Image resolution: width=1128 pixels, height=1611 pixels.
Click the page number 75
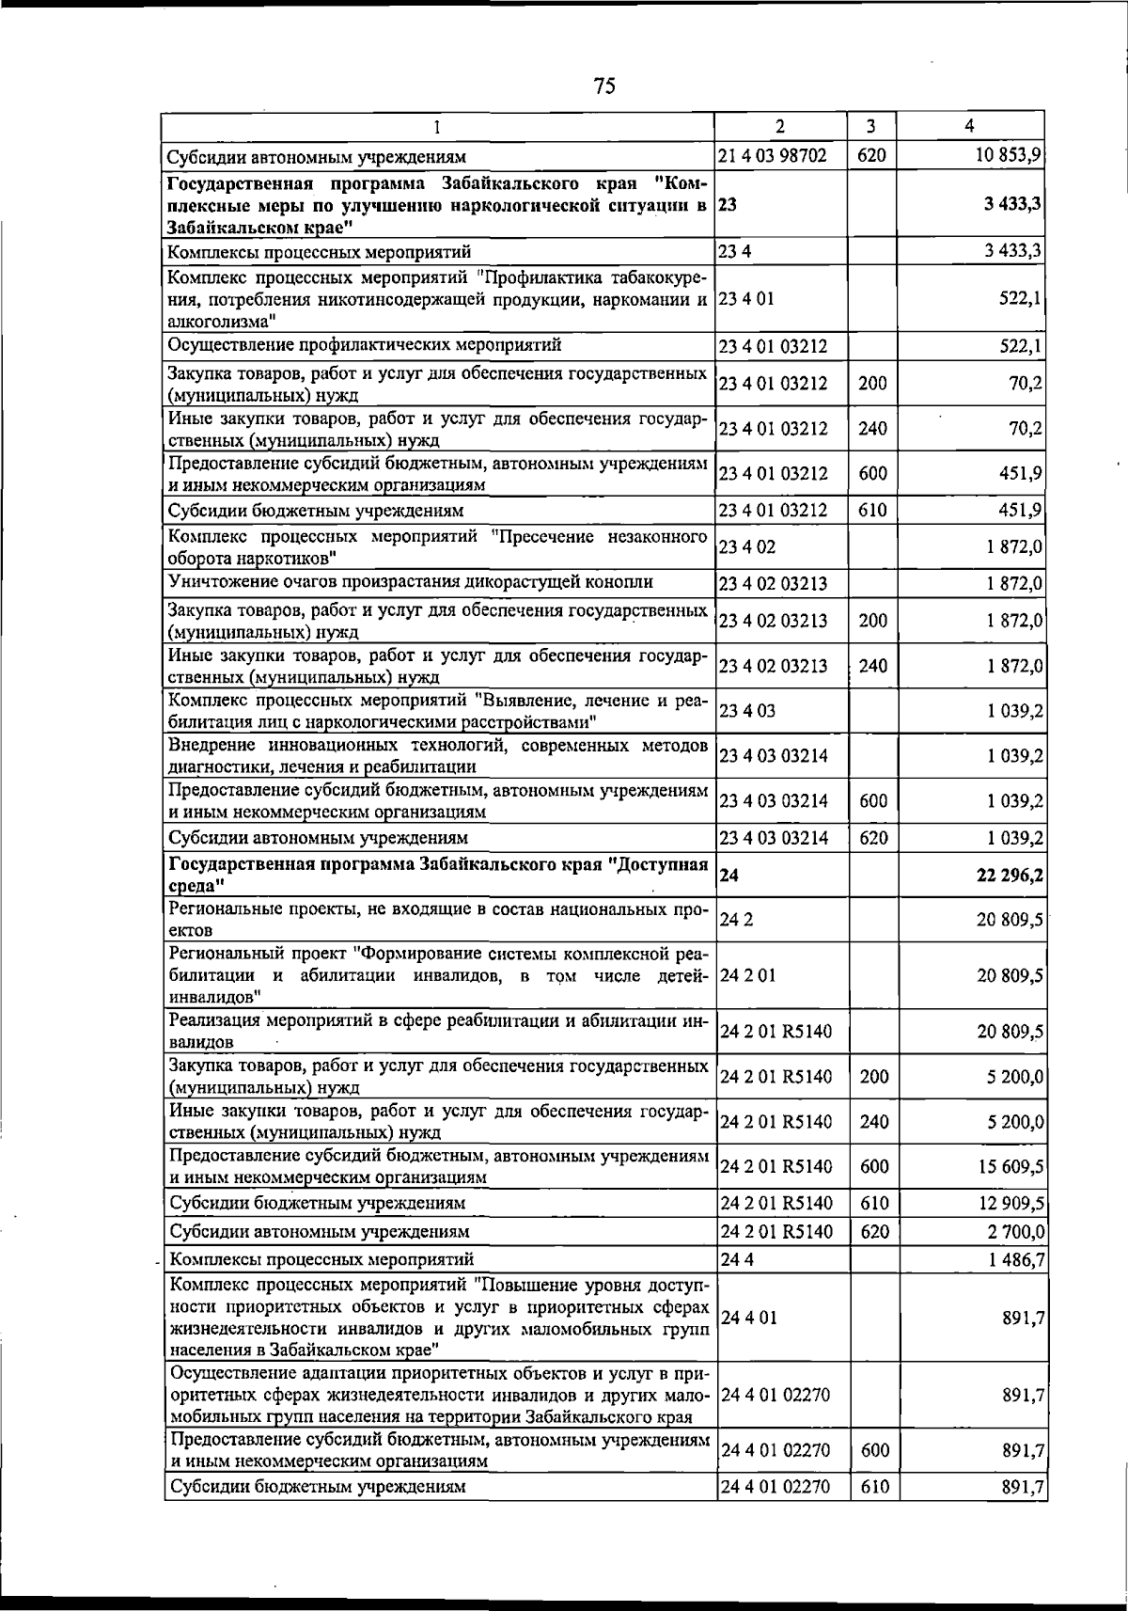click(x=604, y=87)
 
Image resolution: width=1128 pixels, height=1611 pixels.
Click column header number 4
click(x=969, y=126)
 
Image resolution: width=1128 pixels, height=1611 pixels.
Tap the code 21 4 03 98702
click(x=773, y=155)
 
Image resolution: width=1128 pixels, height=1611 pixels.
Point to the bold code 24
click(x=728, y=876)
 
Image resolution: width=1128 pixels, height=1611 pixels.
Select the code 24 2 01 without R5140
click(x=747, y=976)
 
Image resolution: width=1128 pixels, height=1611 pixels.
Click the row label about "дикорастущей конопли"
click(x=411, y=582)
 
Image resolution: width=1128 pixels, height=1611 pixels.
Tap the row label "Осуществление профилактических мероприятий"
click(x=365, y=345)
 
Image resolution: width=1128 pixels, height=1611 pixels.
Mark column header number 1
click(x=437, y=126)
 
